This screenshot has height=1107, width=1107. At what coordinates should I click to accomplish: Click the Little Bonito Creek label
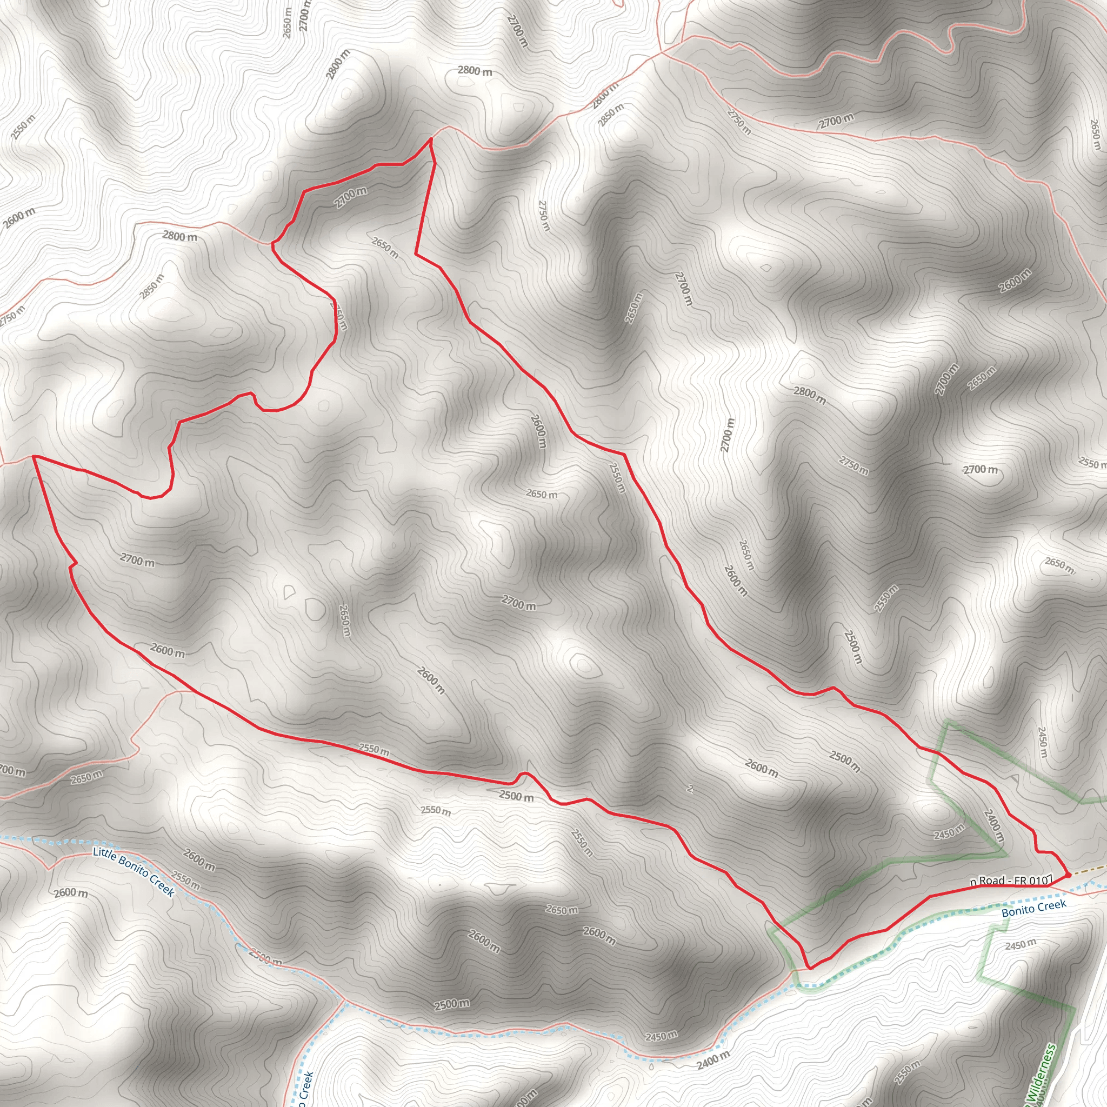(x=133, y=871)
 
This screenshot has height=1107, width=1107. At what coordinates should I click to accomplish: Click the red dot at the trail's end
(x=1068, y=875)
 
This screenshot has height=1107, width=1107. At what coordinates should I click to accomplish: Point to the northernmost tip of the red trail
(x=431, y=139)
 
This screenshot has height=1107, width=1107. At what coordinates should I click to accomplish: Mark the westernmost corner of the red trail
(x=33, y=456)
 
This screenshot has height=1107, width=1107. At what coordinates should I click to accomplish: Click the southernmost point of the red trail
(x=809, y=968)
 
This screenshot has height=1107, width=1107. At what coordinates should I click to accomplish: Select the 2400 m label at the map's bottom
(x=713, y=1061)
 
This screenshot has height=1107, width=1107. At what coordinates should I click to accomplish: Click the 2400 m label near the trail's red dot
(x=993, y=825)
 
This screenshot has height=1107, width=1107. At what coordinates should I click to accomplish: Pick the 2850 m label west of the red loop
(x=152, y=286)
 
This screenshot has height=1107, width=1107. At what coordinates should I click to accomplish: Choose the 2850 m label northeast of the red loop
(x=611, y=116)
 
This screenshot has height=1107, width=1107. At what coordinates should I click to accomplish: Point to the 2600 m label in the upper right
(x=1015, y=281)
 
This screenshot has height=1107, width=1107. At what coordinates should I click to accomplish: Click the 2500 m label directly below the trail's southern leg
(x=516, y=796)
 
